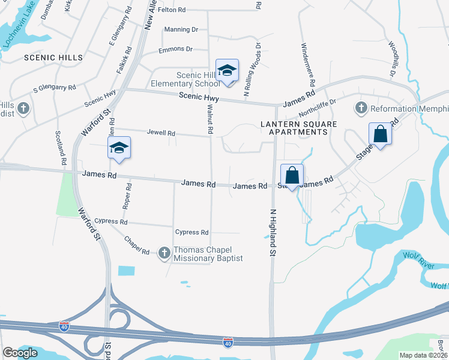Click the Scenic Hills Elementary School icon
(x=227, y=71)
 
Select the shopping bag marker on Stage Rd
(x=380, y=134)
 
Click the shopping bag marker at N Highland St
(x=292, y=176)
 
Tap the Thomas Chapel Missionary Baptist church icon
(x=164, y=253)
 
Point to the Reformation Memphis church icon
(x=361, y=108)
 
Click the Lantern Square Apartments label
(x=298, y=128)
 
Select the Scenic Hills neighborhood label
(x=45, y=57)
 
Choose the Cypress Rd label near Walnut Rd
(x=191, y=232)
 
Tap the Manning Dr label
(x=181, y=29)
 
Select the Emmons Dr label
(x=175, y=49)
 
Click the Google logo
(x=20, y=353)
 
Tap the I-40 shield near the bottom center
(x=228, y=342)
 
